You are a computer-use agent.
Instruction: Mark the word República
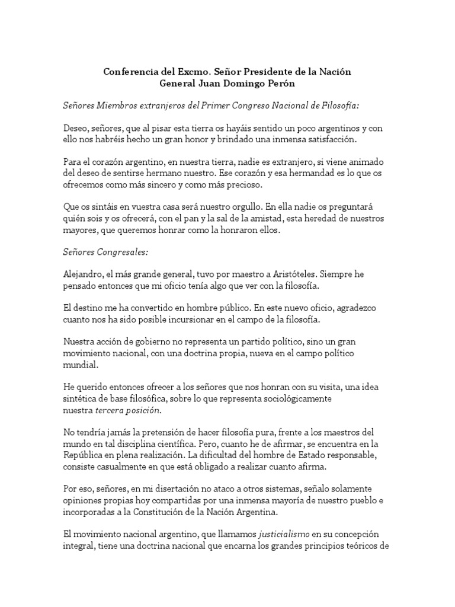point(84,455)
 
